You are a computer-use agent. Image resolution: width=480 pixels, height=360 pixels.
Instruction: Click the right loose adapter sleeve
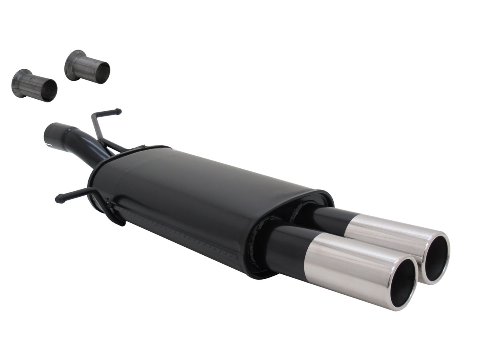click(87, 67)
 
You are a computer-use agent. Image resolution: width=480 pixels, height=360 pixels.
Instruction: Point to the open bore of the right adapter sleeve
click(104, 74)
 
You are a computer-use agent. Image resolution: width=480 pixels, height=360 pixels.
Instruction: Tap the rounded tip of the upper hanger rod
click(118, 112)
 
